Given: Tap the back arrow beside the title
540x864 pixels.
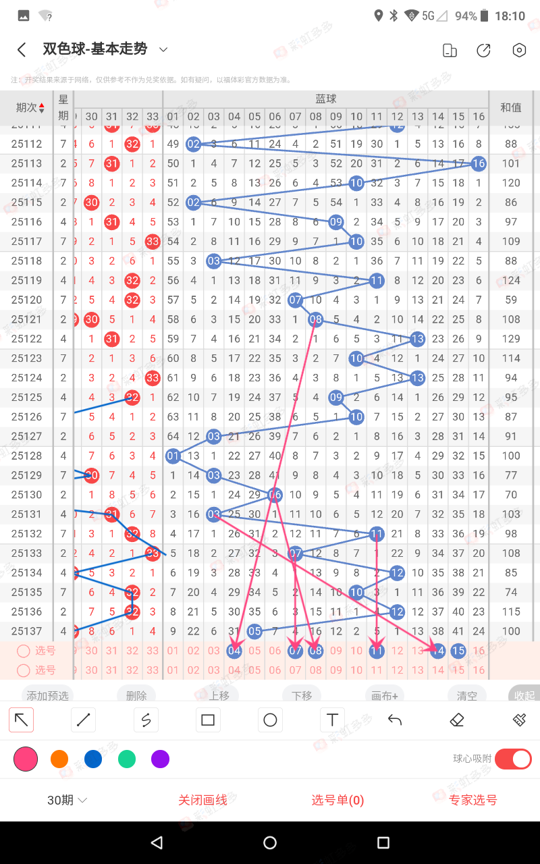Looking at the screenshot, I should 22,50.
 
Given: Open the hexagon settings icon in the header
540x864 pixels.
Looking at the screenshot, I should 518,51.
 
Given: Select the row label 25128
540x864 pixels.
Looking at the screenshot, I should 27,456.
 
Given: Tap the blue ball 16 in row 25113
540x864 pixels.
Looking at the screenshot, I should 479,163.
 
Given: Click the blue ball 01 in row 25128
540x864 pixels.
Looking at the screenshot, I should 173,456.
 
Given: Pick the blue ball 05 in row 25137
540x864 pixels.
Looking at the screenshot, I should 254,631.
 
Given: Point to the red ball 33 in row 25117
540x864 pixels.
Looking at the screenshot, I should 153,241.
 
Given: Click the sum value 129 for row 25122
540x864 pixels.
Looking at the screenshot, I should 511,339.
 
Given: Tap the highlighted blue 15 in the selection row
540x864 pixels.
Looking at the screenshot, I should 458,651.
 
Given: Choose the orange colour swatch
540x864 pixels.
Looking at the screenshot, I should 59,759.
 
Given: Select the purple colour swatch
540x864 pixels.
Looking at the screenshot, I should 160,759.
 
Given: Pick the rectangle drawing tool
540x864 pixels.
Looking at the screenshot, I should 208,720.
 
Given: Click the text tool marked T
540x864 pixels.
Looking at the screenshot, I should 332,720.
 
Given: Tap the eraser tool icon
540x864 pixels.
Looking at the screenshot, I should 457,720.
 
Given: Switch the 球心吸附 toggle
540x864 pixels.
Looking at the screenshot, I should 513,759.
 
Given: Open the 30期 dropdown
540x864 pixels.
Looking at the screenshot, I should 67,800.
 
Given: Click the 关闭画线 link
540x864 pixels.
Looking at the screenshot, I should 202,800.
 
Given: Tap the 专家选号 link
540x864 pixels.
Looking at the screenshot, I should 473,800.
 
